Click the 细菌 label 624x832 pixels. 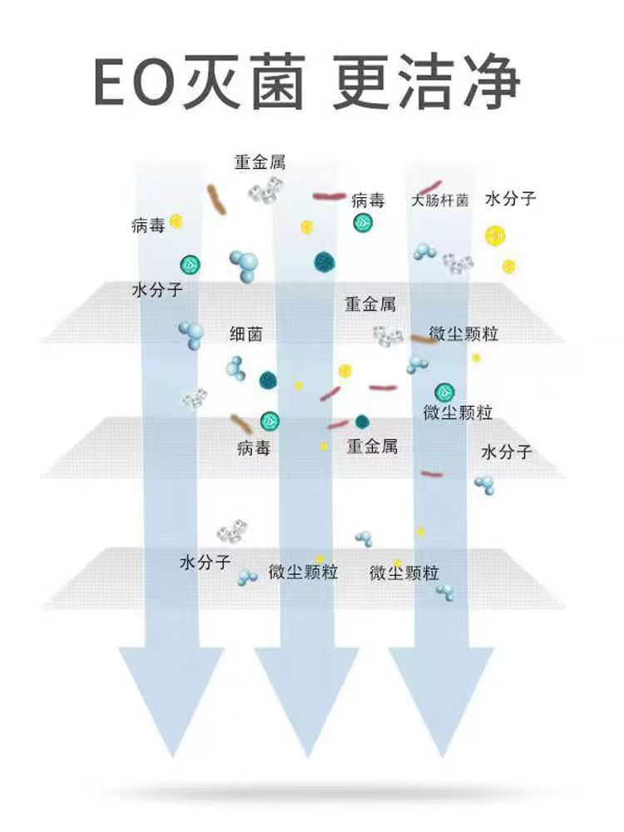246,334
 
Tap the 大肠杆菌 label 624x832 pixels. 440,201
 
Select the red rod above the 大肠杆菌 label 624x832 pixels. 429,186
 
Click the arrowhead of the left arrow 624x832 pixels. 170,699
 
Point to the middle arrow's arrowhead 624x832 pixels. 305,699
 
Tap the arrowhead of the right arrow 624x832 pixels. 442,699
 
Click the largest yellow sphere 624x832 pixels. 495,235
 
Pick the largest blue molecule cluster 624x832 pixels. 244,265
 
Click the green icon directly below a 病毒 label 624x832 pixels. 362,222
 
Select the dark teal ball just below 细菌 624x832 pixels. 267,380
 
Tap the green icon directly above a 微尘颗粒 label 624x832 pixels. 442,392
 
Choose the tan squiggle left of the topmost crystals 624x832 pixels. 217,201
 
